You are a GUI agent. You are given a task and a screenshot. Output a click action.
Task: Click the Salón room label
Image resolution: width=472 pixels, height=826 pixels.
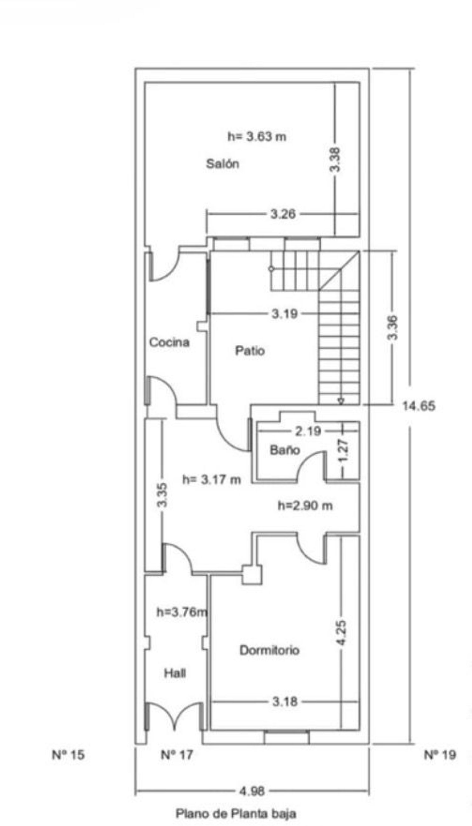point(223,164)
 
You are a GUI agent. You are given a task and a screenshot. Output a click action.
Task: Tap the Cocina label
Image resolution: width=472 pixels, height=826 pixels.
point(169,342)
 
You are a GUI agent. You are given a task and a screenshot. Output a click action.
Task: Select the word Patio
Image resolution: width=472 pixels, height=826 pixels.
point(250,351)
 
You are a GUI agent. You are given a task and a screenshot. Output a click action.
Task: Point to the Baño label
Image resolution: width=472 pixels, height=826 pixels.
point(285,450)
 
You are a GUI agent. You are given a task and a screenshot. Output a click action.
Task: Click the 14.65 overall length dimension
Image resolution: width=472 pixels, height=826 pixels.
point(419,406)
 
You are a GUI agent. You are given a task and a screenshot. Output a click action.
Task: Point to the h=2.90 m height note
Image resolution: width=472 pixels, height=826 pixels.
point(305,506)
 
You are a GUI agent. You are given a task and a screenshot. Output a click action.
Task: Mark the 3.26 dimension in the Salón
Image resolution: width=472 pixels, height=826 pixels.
point(283,214)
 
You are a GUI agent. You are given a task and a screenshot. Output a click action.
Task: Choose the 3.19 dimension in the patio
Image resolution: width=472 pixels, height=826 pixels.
point(284,313)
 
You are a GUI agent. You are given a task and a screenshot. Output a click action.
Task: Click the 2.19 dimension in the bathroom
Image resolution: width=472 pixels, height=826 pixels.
point(308,431)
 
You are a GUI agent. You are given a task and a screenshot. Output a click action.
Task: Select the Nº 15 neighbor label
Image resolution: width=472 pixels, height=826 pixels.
point(68,755)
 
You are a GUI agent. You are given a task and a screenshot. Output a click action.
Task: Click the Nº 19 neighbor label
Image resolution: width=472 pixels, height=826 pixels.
point(440,755)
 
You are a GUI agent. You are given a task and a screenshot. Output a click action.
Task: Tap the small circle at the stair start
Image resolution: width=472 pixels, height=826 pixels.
point(271,269)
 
